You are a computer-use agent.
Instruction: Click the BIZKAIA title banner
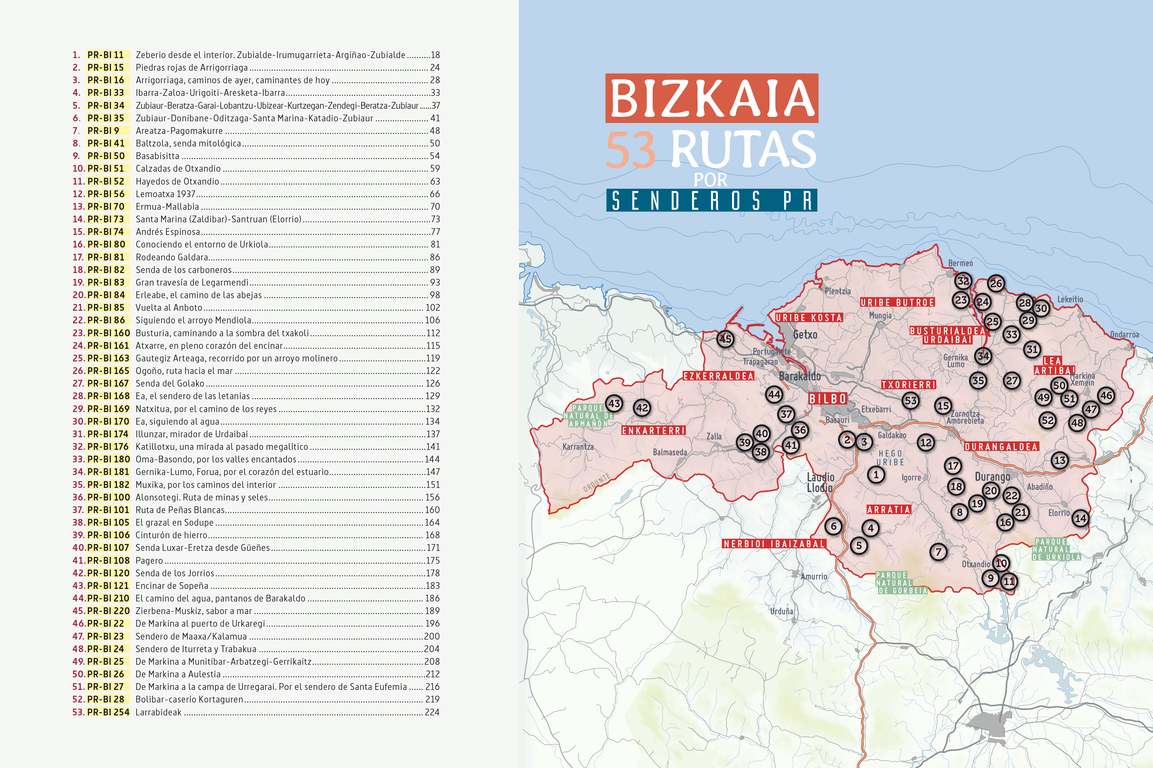[711, 98]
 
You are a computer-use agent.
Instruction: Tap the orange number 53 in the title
[631, 150]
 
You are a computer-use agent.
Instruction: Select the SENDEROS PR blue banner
[711, 200]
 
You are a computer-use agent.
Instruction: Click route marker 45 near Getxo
[725, 339]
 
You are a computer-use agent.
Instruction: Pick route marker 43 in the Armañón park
[614, 404]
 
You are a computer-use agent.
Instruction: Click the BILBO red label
[827, 399]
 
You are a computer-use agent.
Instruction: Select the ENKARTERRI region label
[654, 430]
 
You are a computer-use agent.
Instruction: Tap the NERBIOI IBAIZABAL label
[774, 544]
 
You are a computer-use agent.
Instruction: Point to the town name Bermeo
[960, 263]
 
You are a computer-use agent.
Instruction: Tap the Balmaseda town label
[670, 452]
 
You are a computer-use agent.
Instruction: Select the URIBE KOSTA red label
[808, 318]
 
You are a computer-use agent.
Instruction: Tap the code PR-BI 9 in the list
[103, 131]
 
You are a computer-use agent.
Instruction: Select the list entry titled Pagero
[149, 560]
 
